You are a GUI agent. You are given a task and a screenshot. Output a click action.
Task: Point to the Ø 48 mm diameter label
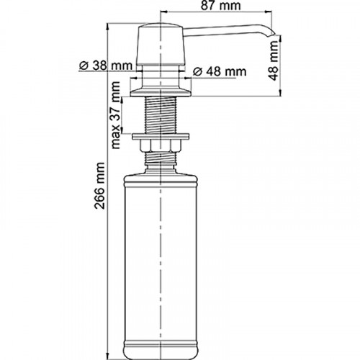tap(218, 71)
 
